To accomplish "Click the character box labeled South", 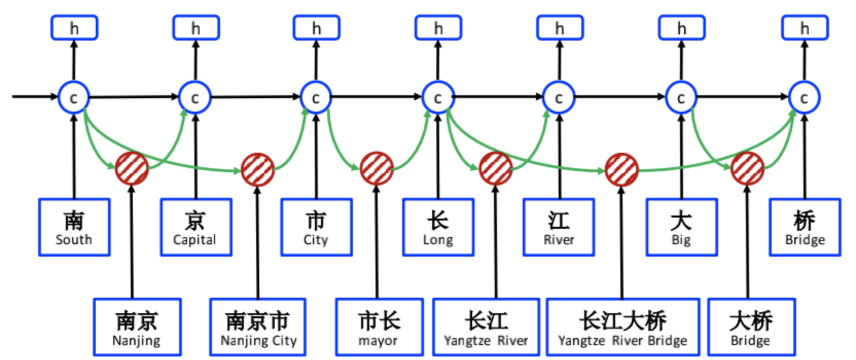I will click(x=74, y=227).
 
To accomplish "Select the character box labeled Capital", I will click(x=196, y=227).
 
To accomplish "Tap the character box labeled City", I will click(x=316, y=227).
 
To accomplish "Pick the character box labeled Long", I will click(x=438, y=227).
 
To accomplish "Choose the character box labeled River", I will click(x=559, y=227).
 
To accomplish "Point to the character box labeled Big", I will click(x=682, y=227).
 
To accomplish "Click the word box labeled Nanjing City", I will click(x=258, y=327).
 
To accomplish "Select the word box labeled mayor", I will click(x=379, y=327).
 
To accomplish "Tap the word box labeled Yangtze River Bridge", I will click(x=622, y=327).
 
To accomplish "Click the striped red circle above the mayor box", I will click(x=377, y=169).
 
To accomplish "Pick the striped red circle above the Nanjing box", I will click(x=132, y=168).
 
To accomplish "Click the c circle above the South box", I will click(x=74, y=97).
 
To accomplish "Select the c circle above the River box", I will click(x=559, y=97).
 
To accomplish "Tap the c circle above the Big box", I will click(x=681, y=97).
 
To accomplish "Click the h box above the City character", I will click(x=316, y=28).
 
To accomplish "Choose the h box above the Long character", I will click(x=438, y=28).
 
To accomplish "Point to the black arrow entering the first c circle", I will click(x=34, y=96).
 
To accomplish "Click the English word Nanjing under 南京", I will click(x=136, y=340).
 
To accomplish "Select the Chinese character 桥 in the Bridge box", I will click(x=805, y=221).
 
